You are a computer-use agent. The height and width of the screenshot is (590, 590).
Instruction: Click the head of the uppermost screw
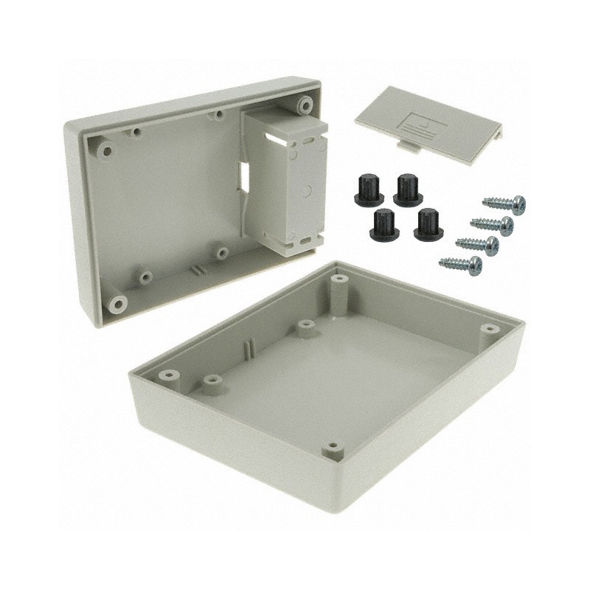click(x=518, y=201)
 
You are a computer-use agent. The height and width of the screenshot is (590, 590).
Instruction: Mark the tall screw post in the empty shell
click(x=339, y=283)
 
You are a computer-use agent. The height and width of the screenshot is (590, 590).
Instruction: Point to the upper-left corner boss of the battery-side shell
click(x=107, y=151)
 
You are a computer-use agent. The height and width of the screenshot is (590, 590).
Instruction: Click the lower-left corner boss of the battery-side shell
click(x=116, y=303)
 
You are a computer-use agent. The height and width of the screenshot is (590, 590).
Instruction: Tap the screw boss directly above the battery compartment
click(x=303, y=107)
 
